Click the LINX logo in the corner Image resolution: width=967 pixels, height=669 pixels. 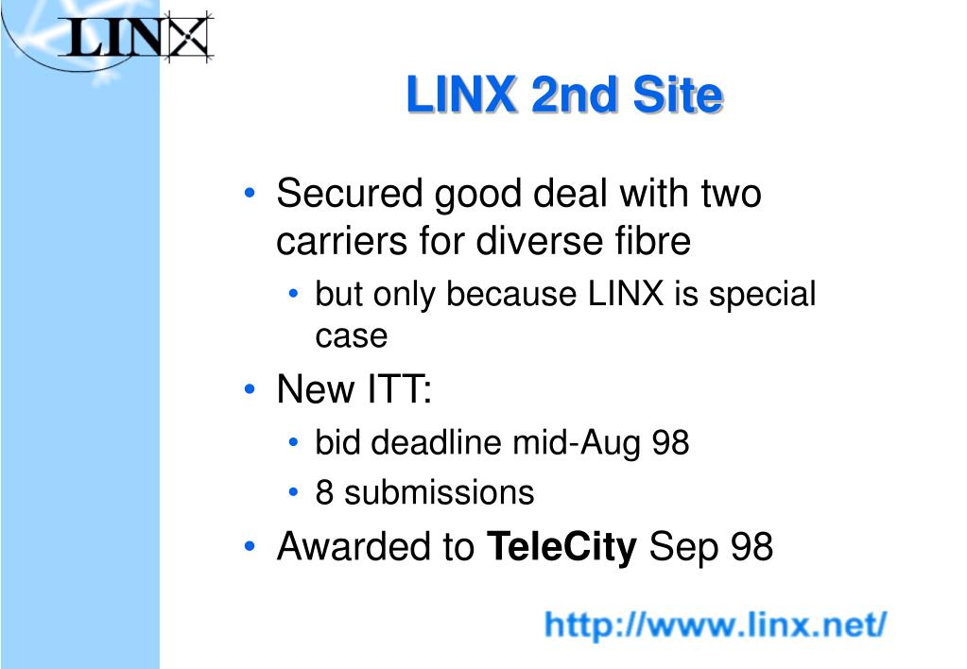[x=136, y=37]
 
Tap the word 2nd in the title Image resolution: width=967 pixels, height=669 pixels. [x=574, y=94]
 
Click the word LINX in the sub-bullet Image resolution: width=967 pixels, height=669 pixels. [x=626, y=294]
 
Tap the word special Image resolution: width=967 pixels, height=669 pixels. [x=762, y=295]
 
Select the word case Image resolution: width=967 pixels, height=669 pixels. [x=352, y=336]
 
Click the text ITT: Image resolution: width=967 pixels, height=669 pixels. [x=400, y=389]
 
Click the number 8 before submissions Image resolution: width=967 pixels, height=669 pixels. [x=324, y=492]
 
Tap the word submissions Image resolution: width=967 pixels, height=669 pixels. [x=440, y=492]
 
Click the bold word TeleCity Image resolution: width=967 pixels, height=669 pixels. [x=561, y=547]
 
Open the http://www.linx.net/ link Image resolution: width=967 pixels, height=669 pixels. [x=716, y=625]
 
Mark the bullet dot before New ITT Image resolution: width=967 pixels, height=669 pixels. [x=250, y=389]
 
